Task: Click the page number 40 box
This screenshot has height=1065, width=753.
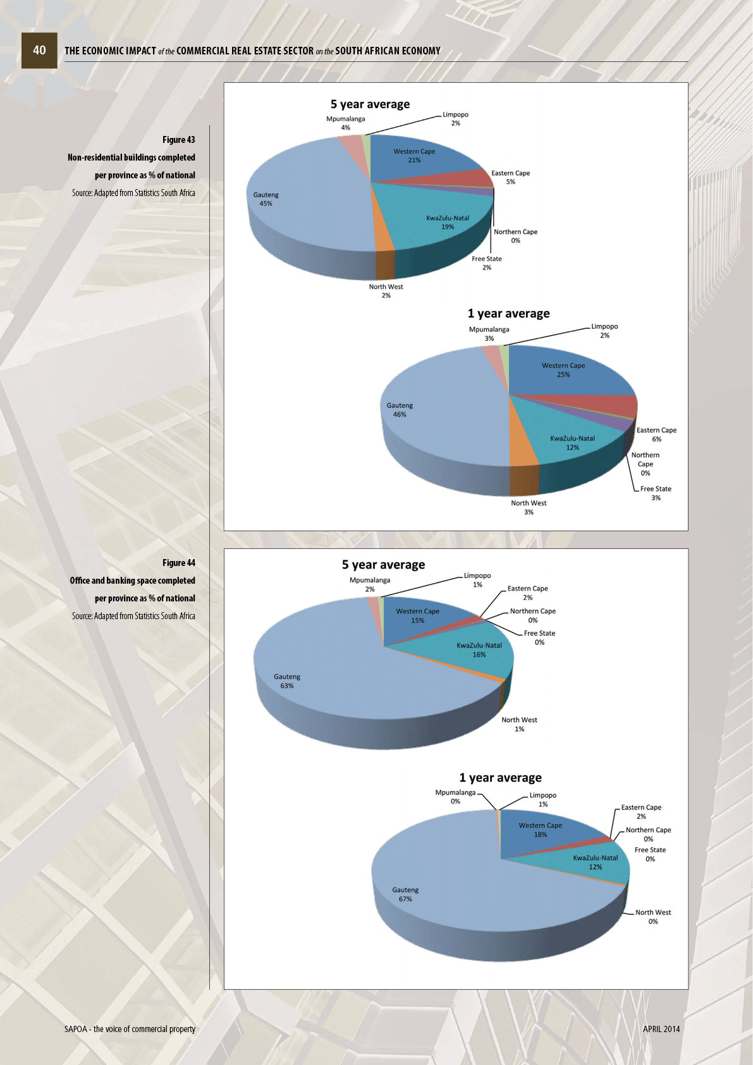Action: pos(39,51)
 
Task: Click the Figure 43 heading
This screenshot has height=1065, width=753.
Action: pos(178,140)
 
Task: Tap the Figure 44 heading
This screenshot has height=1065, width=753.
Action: pos(178,563)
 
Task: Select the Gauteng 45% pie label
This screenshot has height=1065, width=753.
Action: pos(266,199)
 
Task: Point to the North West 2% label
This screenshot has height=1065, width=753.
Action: pos(386,291)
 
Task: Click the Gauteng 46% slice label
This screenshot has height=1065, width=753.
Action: pos(400,410)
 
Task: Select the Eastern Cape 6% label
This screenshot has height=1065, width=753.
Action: pos(656,434)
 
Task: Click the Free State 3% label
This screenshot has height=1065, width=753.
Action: pos(656,493)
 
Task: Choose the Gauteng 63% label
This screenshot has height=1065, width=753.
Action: pos(287,681)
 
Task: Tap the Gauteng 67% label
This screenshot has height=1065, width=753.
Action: pos(405,894)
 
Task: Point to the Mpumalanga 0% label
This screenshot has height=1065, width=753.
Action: pos(455,797)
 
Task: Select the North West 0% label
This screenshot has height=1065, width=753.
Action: pos(653,917)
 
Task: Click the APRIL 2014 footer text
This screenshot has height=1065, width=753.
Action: pos(661,1029)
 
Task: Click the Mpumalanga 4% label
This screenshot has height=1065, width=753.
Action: pos(345,123)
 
